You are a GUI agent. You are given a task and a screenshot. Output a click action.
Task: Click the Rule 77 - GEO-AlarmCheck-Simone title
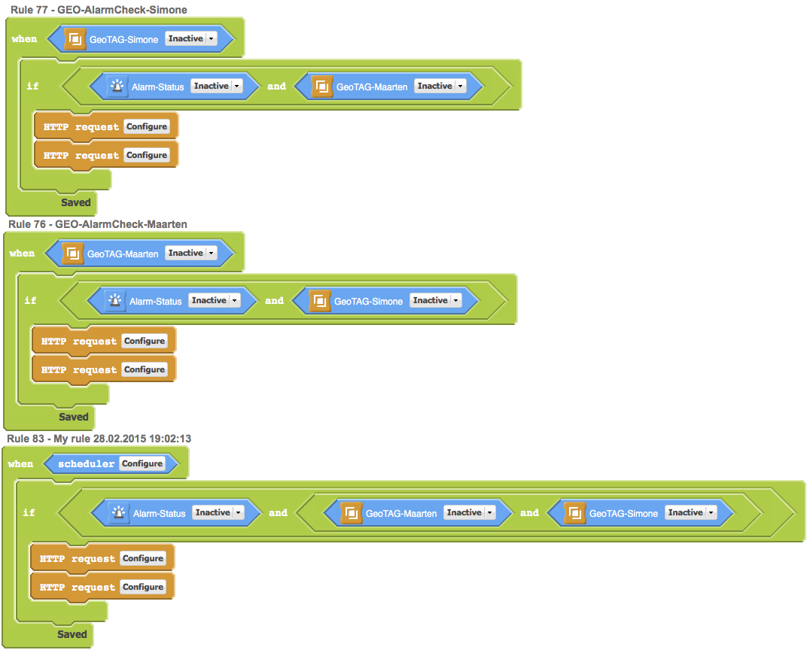click(x=99, y=10)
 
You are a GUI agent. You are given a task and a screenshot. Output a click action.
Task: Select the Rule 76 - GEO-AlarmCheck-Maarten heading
click(x=98, y=224)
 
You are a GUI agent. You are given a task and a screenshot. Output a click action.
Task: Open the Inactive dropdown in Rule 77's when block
click(x=190, y=38)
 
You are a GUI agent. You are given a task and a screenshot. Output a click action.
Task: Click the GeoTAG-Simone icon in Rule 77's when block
click(x=75, y=39)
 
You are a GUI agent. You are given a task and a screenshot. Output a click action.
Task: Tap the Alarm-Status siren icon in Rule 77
click(x=117, y=87)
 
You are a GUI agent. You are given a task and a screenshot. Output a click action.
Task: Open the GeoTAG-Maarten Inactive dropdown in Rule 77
click(x=440, y=87)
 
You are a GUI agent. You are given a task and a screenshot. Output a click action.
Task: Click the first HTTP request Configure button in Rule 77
click(x=147, y=126)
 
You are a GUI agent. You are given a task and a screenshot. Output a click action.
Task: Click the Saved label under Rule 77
click(x=75, y=202)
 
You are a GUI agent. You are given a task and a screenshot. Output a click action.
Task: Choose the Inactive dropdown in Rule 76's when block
click(x=190, y=254)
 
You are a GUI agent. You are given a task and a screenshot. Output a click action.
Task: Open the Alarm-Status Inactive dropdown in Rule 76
click(x=214, y=301)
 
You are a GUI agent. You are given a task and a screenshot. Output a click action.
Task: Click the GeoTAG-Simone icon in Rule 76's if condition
click(x=320, y=301)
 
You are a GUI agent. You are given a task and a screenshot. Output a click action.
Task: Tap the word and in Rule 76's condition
click(x=274, y=301)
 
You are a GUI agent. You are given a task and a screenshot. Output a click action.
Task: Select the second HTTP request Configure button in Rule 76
click(x=145, y=369)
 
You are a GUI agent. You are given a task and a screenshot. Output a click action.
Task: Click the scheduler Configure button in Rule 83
click(x=142, y=463)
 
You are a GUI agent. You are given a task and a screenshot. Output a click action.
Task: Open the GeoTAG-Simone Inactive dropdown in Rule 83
click(x=690, y=513)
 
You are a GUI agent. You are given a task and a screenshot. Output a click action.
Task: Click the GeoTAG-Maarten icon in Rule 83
click(x=351, y=513)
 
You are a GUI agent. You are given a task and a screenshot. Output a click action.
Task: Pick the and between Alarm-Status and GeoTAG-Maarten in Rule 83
click(x=278, y=513)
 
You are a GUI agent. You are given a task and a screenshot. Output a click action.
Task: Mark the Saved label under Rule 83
click(x=72, y=634)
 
